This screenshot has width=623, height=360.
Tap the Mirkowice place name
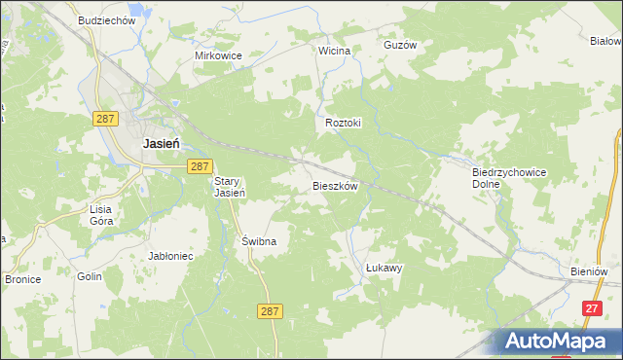218,55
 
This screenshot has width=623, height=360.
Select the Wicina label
334,50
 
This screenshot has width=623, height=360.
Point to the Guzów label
400,45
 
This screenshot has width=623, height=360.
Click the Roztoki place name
343,124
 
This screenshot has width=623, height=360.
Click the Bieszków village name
336,185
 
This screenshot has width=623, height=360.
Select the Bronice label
21,279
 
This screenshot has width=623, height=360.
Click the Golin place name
91,277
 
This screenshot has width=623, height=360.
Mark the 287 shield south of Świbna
272,310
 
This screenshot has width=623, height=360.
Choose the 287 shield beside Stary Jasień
200,166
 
